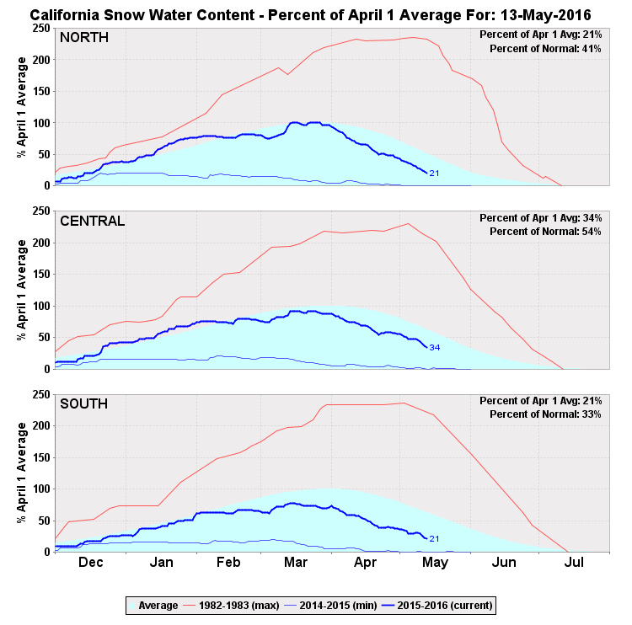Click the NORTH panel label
pos(84,38)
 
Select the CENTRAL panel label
pos(93,222)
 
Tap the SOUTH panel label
pos(84,404)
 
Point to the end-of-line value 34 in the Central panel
pos(435,347)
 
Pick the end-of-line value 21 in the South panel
pos(435,539)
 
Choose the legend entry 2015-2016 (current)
pos(447,605)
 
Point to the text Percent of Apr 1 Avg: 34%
pos(540,217)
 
